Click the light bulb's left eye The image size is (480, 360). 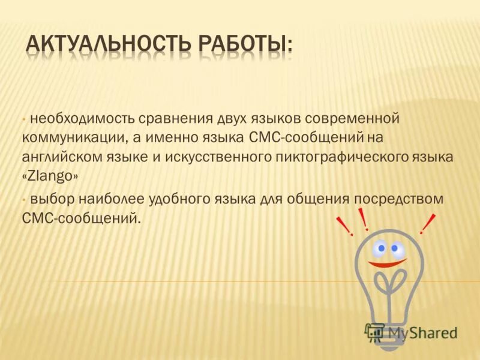point(380,247)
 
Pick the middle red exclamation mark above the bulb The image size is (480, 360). point(363,219)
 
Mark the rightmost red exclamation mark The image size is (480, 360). point(428,224)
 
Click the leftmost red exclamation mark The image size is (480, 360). point(346,227)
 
